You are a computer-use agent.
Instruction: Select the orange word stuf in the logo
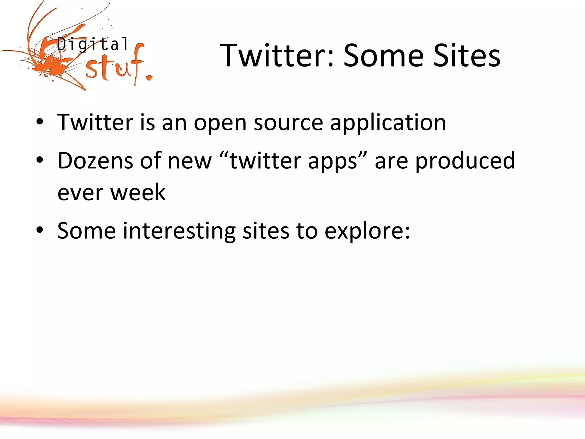click(x=114, y=67)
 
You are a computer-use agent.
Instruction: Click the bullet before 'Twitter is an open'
click(x=40, y=122)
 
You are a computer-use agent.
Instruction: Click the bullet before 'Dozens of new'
click(x=40, y=161)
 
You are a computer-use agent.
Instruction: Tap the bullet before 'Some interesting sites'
click(x=40, y=230)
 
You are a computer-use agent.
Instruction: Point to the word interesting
click(x=179, y=231)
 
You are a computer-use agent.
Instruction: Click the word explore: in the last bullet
click(x=367, y=231)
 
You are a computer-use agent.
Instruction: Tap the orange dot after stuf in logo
click(x=149, y=78)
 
